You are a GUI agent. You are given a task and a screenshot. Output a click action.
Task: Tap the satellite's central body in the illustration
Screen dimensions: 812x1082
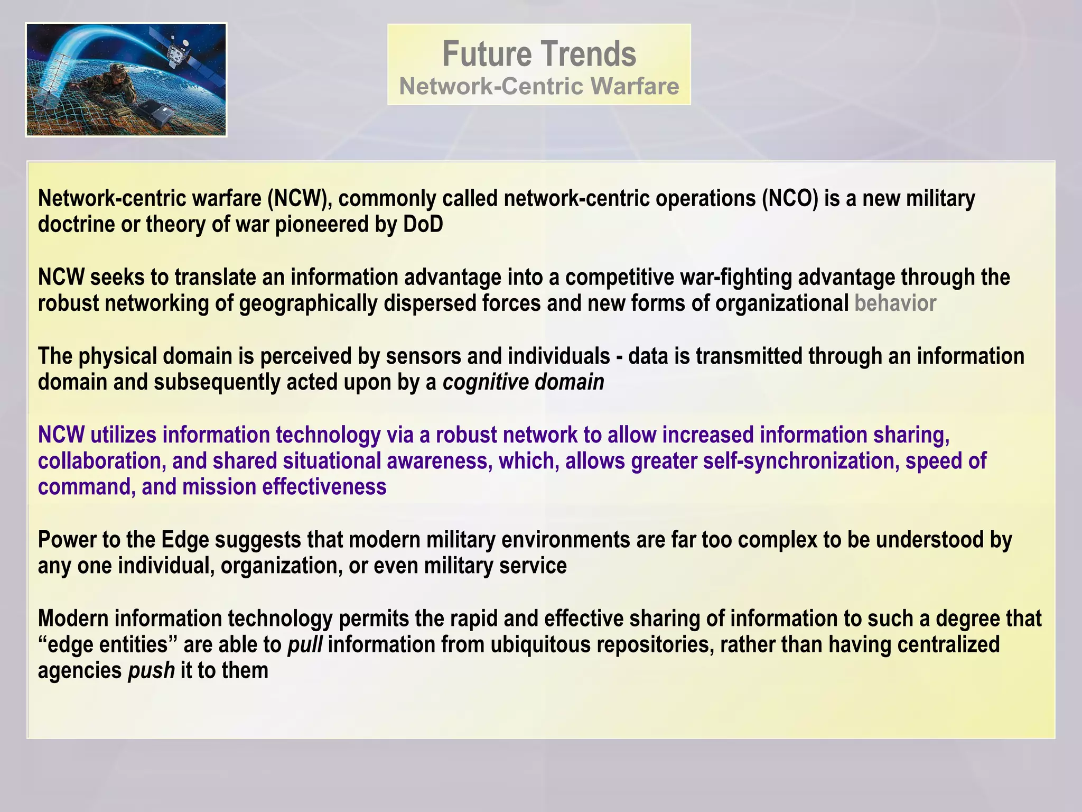click(175, 52)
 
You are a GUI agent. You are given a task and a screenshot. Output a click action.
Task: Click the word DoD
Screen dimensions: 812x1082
click(423, 225)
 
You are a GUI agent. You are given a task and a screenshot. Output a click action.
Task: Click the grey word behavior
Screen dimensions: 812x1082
click(895, 303)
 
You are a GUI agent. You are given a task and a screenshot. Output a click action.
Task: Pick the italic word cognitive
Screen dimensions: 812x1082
click(478, 382)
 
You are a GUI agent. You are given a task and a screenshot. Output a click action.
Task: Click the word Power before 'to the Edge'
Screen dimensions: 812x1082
click(70, 540)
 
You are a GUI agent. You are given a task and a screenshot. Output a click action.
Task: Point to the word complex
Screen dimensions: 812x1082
click(779, 540)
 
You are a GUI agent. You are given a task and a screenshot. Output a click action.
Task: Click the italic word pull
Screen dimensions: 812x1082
click(305, 645)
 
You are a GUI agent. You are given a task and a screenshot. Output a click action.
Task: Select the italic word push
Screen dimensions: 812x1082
click(152, 671)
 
